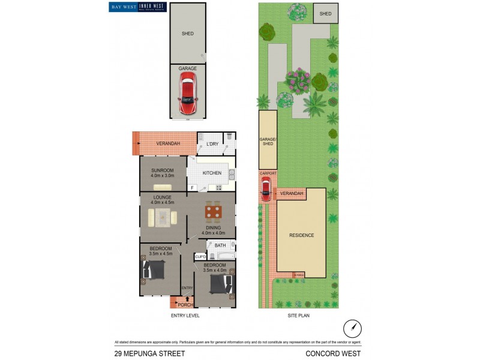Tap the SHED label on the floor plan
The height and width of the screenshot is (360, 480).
tap(188, 34)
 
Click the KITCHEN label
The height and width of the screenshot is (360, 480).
tap(212, 173)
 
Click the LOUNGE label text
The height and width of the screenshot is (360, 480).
tap(163, 197)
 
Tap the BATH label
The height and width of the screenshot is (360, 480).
tap(220, 245)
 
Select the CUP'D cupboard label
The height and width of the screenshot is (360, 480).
tap(200, 257)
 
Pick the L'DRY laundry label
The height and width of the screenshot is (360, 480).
tap(212, 144)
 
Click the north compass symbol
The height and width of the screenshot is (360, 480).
tap(353, 328)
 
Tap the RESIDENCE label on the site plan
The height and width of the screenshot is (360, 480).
tap(302, 235)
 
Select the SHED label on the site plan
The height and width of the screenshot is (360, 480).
tap(325, 13)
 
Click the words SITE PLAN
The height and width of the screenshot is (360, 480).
tap(298, 316)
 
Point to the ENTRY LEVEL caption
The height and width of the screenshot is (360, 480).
tap(185, 316)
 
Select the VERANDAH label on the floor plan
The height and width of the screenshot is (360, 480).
tap(169, 144)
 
